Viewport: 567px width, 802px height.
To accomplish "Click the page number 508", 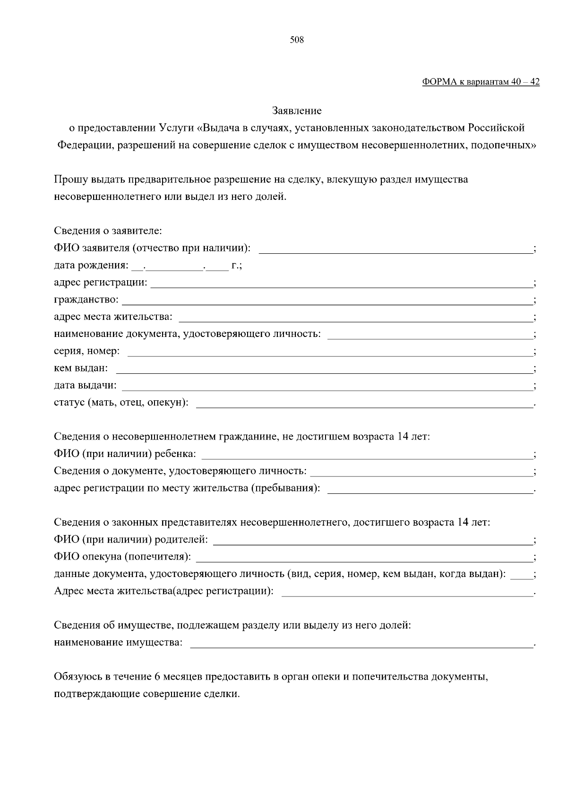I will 297,40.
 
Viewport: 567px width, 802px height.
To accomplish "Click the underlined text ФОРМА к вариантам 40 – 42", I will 481,82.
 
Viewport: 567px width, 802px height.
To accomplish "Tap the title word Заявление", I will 297,111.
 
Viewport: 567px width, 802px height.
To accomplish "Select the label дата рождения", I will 90,266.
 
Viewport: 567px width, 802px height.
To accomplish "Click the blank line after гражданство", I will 327,301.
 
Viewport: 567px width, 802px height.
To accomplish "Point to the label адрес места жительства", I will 113,317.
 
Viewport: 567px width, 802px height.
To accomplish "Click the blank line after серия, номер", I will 330,353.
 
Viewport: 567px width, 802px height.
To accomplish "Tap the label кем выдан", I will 81,368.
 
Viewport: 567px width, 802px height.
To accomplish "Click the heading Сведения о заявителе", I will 108,231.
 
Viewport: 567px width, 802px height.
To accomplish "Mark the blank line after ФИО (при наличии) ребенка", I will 367,456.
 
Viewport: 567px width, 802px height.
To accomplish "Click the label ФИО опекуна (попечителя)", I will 122,557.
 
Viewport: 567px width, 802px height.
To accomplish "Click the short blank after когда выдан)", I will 522,576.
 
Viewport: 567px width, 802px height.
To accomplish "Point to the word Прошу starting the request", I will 68,180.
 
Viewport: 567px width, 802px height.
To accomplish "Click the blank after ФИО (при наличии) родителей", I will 373,541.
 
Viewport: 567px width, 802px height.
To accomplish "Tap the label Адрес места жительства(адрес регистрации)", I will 163,592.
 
